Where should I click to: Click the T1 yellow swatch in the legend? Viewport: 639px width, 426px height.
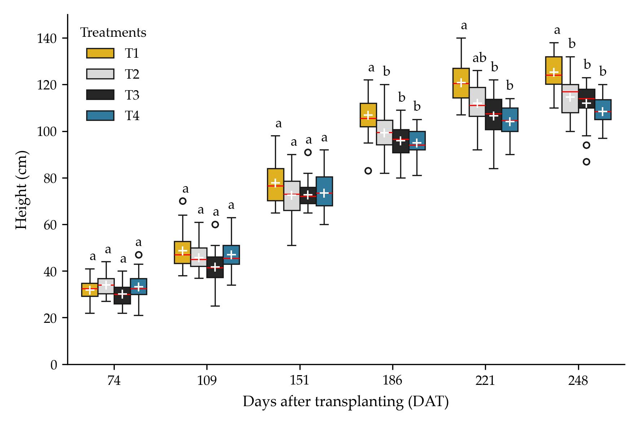[100, 53]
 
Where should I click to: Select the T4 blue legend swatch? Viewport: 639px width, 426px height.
[100, 115]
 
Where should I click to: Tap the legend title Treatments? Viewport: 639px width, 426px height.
[113, 33]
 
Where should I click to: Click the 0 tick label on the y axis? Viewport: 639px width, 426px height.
[53, 365]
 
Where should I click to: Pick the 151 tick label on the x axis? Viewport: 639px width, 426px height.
[299, 381]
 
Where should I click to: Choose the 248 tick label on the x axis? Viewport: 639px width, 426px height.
[578, 381]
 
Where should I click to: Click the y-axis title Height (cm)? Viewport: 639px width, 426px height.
[22, 190]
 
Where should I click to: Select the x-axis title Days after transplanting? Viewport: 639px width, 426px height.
[345, 402]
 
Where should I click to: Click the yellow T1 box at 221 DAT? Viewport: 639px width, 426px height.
[461, 83]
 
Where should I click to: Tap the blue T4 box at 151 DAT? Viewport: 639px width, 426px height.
[324, 191]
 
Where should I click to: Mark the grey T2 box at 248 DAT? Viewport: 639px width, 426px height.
[570, 98]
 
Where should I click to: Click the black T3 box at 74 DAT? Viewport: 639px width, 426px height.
[122, 295]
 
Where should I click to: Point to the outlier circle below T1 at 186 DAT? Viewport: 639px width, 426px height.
[368, 171]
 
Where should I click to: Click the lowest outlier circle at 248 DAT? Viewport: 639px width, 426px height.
[586, 162]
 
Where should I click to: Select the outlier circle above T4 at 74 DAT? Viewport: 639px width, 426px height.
[139, 255]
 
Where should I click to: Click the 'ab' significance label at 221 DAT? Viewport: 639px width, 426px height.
[480, 58]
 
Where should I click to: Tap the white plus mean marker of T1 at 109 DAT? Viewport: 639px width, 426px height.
[183, 251]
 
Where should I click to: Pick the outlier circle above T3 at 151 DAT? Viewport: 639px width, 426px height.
[308, 152]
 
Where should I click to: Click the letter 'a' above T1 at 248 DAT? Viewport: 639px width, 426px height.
[557, 31]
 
